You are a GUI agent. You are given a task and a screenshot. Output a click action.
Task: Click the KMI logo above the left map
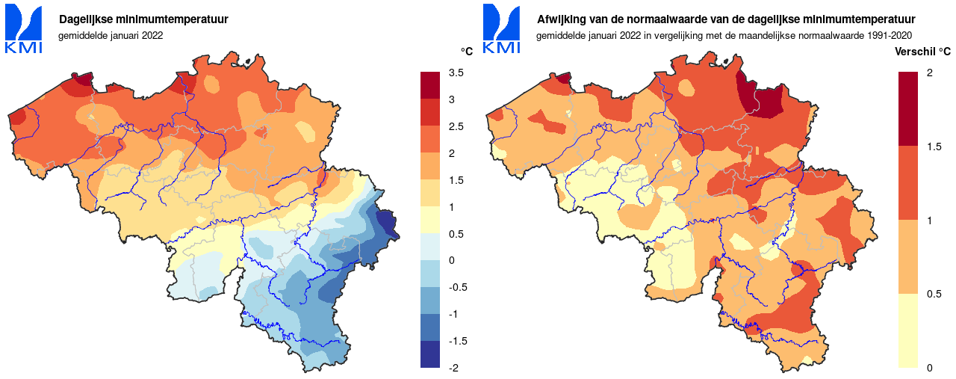[x=24, y=30]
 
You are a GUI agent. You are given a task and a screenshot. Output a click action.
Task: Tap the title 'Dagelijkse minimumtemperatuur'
[x=143, y=19]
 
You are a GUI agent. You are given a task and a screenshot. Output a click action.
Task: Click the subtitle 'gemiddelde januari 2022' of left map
[x=111, y=35]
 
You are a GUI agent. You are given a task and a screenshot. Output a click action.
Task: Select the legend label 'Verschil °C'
[x=922, y=52]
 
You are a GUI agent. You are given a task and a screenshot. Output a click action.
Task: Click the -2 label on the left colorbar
[x=454, y=368]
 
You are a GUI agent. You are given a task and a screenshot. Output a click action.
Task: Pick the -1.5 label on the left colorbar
[x=457, y=341]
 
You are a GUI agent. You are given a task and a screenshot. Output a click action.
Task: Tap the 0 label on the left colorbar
[x=451, y=260]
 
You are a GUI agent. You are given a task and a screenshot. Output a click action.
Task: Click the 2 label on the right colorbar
[x=929, y=73]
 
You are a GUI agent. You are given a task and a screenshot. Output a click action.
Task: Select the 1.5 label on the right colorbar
[x=934, y=147]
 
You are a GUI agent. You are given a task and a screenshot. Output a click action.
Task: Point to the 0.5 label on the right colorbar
[x=934, y=294]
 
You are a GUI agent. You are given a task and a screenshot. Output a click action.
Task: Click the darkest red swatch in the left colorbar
[x=431, y=85]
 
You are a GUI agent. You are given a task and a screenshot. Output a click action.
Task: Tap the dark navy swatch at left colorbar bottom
[x=431, y=354]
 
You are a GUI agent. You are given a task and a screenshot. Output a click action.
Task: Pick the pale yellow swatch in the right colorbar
[x=908, y=330]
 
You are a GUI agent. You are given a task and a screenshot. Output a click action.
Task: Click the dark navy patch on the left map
[x=387, y=224]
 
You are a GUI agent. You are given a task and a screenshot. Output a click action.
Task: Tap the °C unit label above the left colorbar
[x=466, y=52]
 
